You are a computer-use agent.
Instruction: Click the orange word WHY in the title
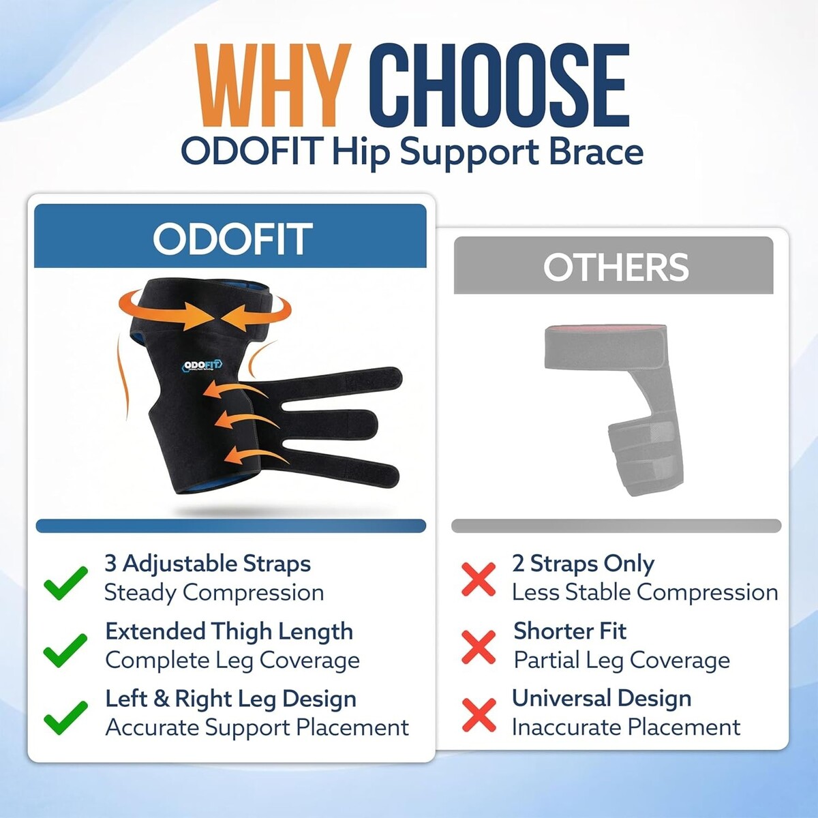[273, 86]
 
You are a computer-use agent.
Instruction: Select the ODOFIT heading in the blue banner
[232, 239]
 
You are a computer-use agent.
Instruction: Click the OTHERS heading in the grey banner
[616, 267]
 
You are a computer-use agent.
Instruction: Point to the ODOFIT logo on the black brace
[202, 365]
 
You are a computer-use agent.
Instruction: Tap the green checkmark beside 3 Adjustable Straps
[65, 583]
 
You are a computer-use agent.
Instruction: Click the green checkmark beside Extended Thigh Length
[65, 650]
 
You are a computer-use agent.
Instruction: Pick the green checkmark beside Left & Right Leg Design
[65, 718]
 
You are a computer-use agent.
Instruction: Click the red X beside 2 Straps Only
[479, 579]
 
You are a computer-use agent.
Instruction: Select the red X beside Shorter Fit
[479, 647]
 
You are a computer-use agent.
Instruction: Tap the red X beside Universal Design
[479, 715]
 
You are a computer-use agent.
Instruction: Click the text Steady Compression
[214, 592]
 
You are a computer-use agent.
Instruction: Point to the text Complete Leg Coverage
[232, 660]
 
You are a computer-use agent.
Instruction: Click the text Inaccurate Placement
[626, 727]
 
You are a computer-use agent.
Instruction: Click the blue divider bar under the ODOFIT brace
[231, 526]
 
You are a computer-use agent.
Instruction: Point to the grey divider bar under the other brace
[616, 526]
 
